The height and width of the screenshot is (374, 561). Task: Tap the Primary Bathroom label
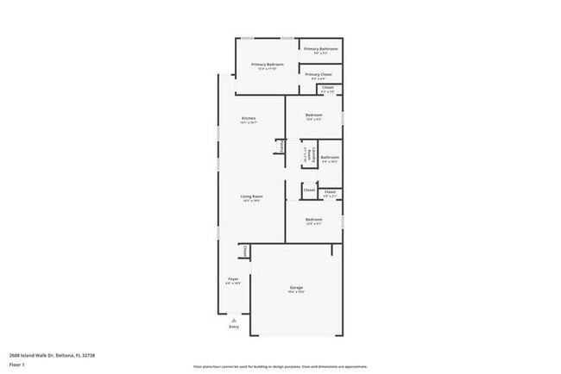pos(320,49)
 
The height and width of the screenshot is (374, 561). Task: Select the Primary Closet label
pos(318,74)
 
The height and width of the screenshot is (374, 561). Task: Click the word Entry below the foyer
pos(234,327)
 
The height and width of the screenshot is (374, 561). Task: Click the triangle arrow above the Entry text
pos(234,320)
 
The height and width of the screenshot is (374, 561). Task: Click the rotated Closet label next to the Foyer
pos(244,251)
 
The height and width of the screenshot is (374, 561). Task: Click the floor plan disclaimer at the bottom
pos(280,365)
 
